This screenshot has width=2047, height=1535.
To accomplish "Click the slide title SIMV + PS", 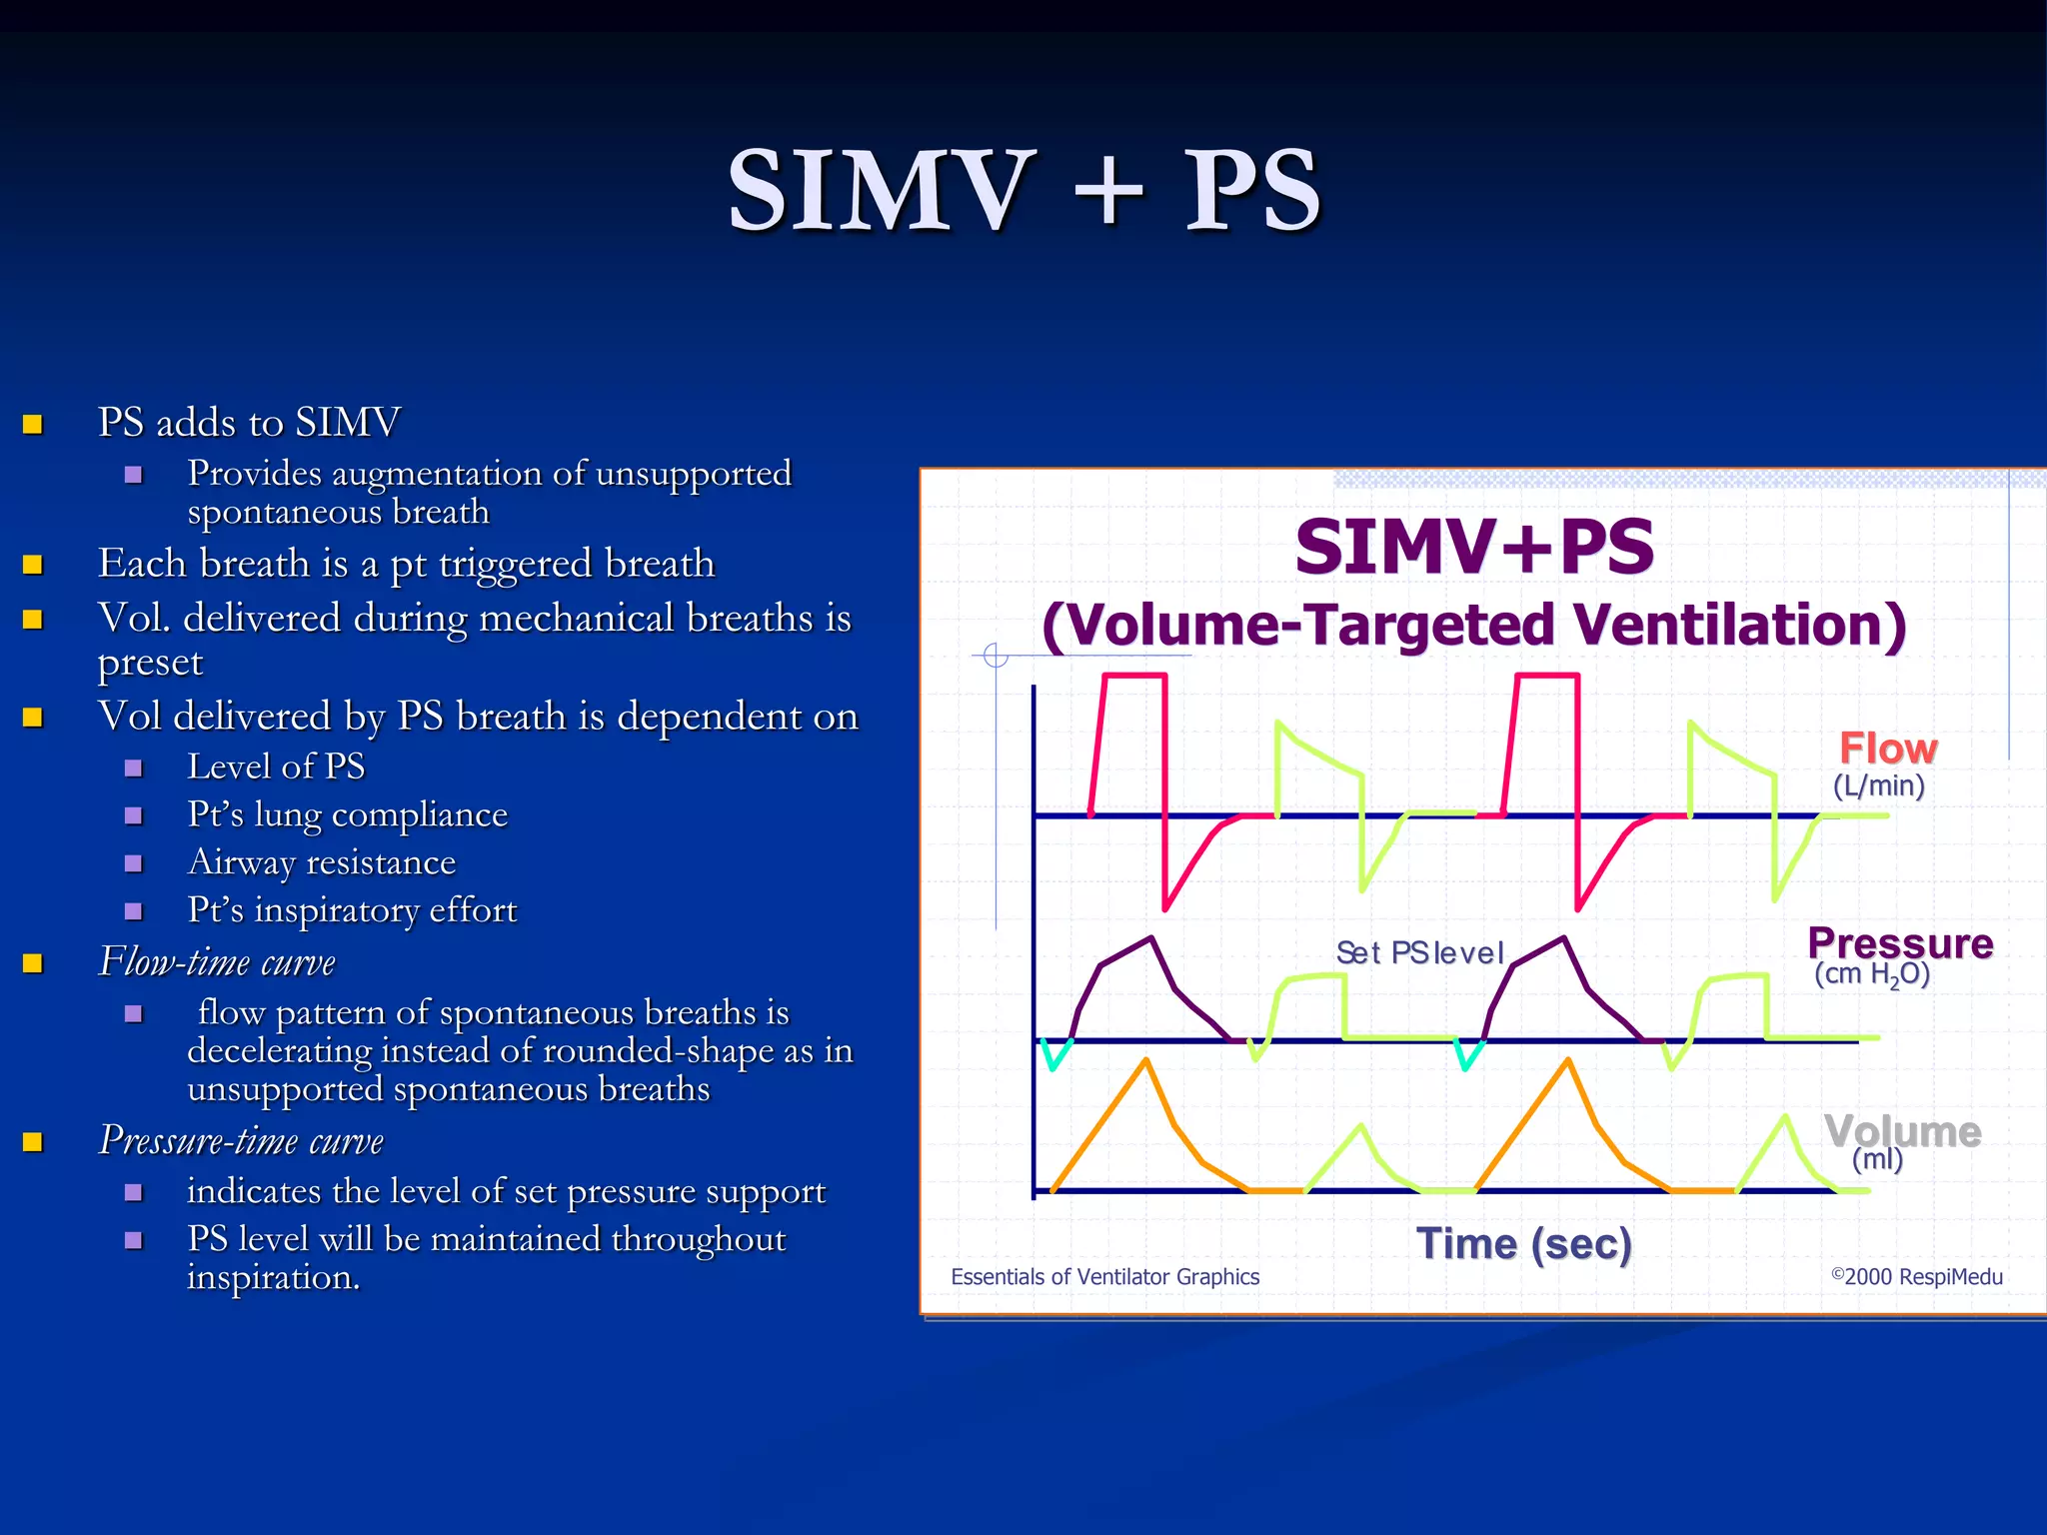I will click(1024, 190).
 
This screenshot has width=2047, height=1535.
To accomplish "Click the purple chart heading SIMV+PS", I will click(1474, 547).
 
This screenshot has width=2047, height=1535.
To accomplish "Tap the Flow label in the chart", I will click(1887, 749).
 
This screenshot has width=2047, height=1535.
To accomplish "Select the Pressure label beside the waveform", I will click(1900, 943).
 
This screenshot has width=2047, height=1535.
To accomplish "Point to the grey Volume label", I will click(1902, 1131).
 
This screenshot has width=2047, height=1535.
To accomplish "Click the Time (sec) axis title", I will click(1523, 1244).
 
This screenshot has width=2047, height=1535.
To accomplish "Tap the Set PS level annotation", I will click(1419, 953).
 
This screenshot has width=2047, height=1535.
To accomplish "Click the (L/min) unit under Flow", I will click(1878, 785).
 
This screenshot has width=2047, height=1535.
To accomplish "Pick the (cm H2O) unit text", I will click(1871, 974).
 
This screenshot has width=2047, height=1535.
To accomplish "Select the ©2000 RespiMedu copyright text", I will click(1916, 1276).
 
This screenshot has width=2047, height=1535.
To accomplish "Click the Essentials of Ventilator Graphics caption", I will click(1104, 1276).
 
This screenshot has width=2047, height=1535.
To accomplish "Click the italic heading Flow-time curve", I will click(217, 962).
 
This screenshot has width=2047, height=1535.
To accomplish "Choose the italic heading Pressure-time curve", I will click(241, 1140).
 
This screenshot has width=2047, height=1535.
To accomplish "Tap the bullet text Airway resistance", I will click(321, 862).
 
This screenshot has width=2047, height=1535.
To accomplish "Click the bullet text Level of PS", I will click(276, 767).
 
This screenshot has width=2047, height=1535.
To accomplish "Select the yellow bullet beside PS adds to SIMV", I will click(33, 425).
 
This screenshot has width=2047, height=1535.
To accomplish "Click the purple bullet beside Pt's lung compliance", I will click(133, 815).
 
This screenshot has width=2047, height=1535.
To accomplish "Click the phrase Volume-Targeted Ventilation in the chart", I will click(1474, 626).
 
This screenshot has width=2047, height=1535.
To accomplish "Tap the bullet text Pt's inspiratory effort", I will click(352, 910).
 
